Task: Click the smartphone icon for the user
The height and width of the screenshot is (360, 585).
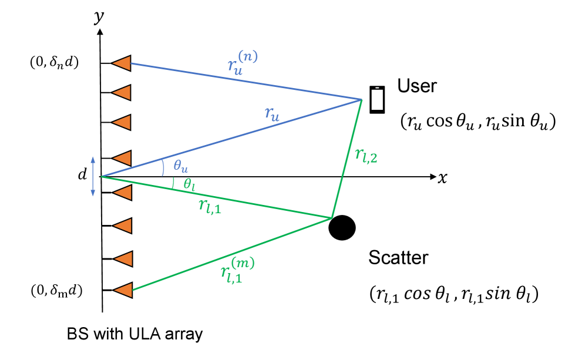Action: click(x=376, y=100)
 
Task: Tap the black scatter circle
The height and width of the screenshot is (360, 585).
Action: click(x=342, y=228)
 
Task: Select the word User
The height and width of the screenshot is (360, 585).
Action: click(x=417, y=86)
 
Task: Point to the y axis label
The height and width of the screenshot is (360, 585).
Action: click(x=99, y=17)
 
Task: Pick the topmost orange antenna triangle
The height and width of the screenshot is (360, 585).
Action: click(x=122, y=63)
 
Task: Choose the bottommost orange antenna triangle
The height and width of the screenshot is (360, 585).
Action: click(x=122, y=290)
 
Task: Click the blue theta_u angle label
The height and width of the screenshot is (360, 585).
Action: click(x=180, y=166)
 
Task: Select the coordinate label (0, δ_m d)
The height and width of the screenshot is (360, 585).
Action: click(x=56, y=290)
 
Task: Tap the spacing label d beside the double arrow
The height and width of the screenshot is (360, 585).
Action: click(x=83, y=174)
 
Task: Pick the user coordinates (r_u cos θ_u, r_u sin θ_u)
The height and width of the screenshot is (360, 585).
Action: click(x=478, y=122)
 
